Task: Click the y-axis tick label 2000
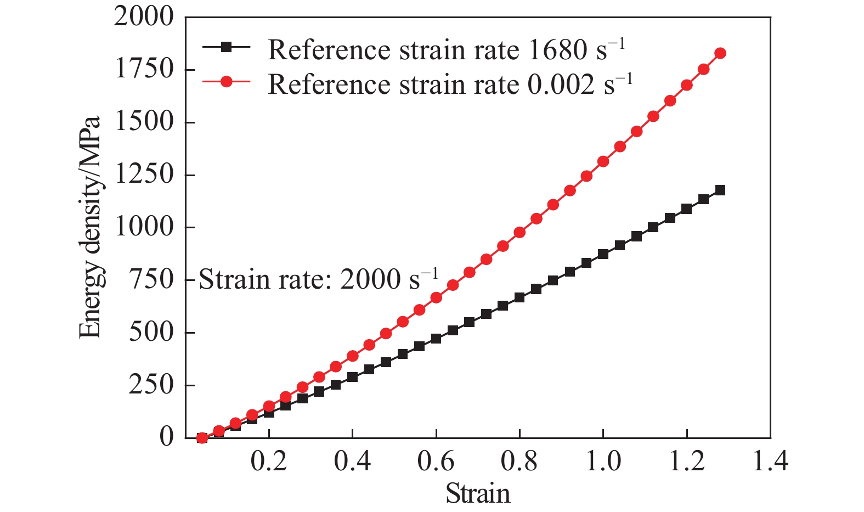click(x=143, y=18)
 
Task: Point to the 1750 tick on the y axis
click(x=143, y=70)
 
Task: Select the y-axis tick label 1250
click(x=143, y=175)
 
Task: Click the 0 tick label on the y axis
click(x=166, y=437)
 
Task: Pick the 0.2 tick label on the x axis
click(x=269, y=462)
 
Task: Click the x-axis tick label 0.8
click(x=519, y=462)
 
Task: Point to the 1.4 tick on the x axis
click(x=770, y=462)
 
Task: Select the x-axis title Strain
click(x=478, y=493)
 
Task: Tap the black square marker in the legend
click(x=226, y=48)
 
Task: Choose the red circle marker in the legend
click(x=226, y=82)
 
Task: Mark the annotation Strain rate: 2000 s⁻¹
click(x=318, y=279)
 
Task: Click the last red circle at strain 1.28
click(x=720, y=53)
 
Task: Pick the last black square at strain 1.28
click(x=720, y=190)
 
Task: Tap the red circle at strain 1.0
click(x=603, y=161)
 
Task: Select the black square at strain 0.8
click(x=519, y=298)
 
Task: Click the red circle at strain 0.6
click(x=436, y=297)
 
